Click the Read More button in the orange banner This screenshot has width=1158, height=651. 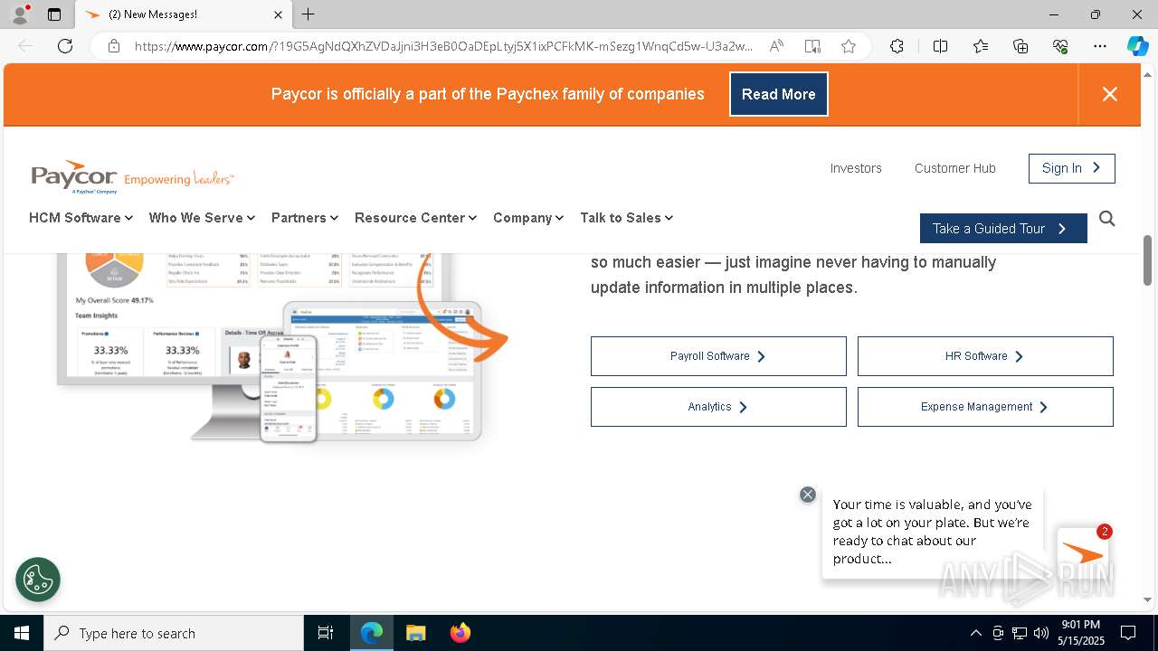click(778, 94)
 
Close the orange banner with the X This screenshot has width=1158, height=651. click(1109, 94)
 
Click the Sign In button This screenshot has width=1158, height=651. click(1071, 168)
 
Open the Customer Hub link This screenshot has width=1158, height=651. click(954, 168)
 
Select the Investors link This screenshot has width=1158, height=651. click(855, 168)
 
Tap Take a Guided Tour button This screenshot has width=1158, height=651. click(1002, 229)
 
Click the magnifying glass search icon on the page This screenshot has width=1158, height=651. click(1106, 219)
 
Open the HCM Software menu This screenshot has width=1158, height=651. click(81, 218)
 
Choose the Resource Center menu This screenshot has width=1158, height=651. click(415, 218)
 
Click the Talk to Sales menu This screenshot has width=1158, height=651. click(626, 218)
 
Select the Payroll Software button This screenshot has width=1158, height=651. click(718, 356)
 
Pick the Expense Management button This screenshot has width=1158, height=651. click(984, 407)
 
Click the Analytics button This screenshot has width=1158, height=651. click(718, 407)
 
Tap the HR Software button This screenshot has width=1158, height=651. click(984, 356)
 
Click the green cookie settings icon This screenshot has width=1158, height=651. click(38, 580)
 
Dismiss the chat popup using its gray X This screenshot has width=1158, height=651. click(808, 495)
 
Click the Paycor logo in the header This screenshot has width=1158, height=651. click(74, 176)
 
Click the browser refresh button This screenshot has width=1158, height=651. click(65, 46)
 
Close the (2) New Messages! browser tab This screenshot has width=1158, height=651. click(278, 14)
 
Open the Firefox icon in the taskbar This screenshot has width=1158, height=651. click(460, 633)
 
